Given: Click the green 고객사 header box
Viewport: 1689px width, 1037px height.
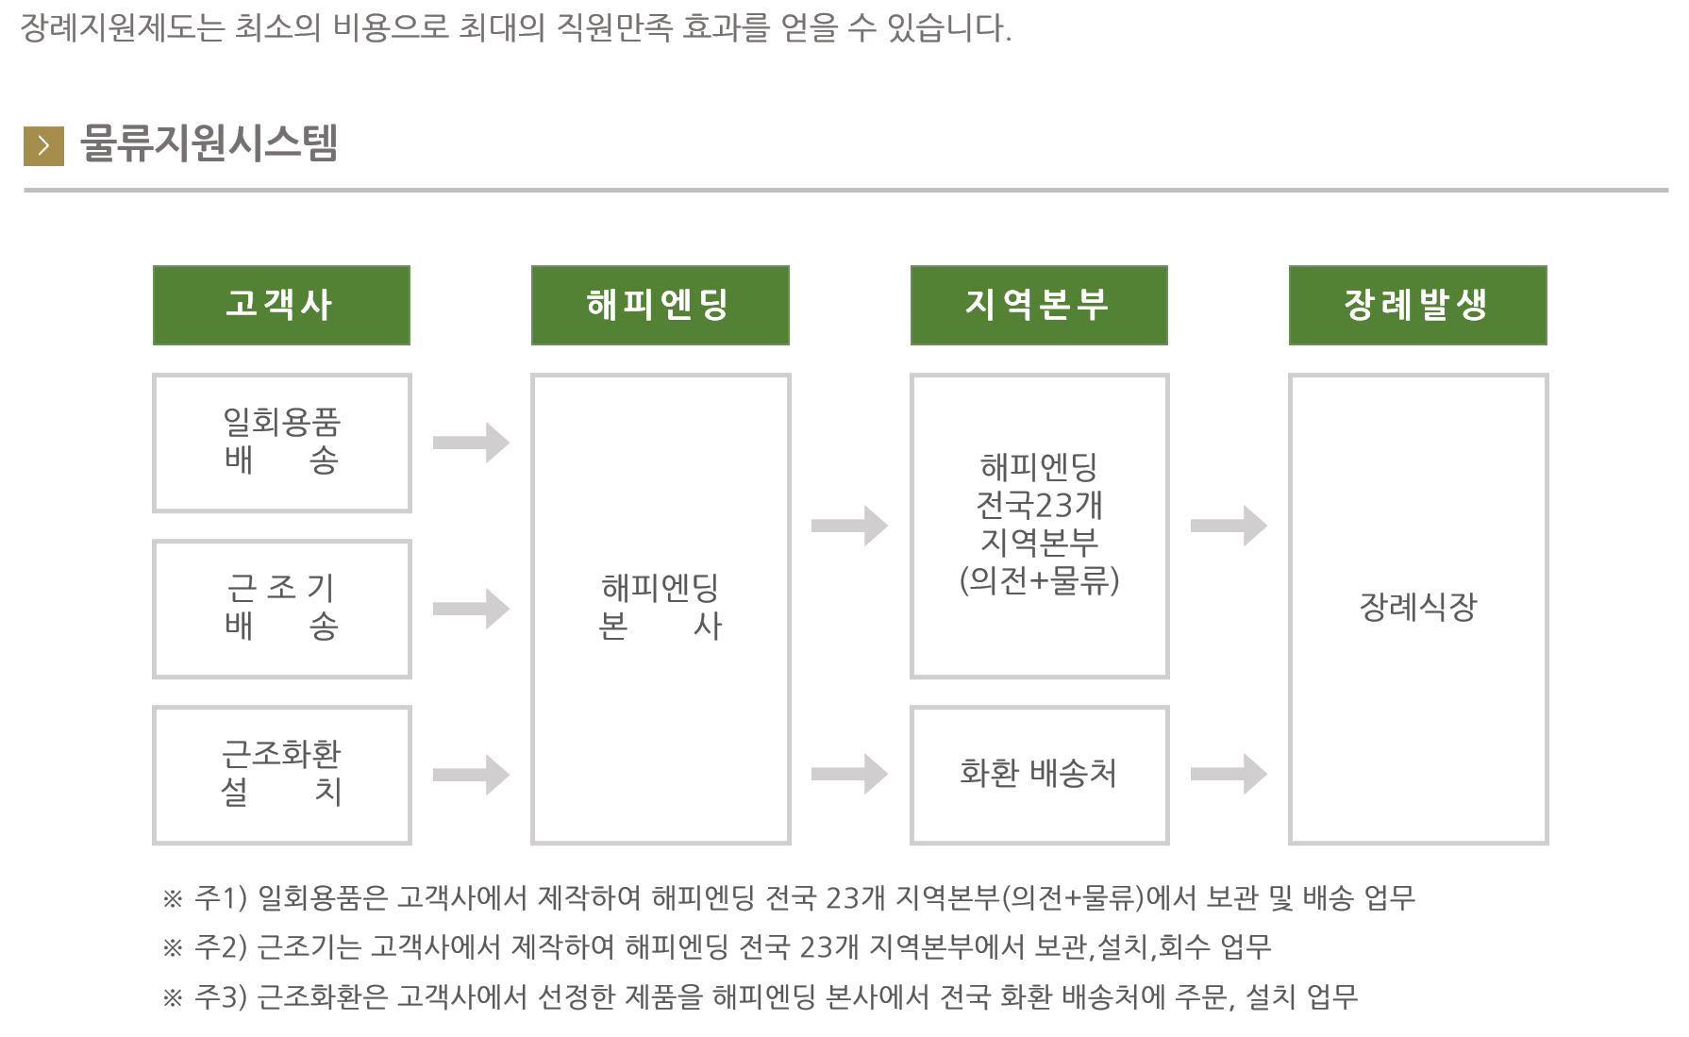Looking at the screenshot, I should [x=281, y=305].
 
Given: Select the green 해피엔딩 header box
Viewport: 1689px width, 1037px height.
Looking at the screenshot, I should [x=660, y=305].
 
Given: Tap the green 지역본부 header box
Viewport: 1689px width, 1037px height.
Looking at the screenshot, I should [x=1039, y=305].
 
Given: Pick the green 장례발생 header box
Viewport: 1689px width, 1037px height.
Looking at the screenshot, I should [x=1417, y=305].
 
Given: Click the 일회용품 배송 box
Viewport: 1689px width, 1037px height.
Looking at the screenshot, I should [x=281, y=443].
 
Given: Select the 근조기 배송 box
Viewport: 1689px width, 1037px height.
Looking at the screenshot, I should [x=281, y=609].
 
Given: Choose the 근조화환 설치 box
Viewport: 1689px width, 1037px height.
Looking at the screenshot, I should [x=281, y=775].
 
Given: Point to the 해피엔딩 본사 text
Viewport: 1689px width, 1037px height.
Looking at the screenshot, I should [x=660, y=607].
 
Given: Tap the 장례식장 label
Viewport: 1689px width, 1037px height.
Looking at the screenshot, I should [x=1417, y=607].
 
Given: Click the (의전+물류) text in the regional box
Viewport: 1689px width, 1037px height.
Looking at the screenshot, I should [x=1039, y=580].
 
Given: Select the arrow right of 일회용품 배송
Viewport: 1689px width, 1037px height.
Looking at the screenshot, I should [x=471, y=443].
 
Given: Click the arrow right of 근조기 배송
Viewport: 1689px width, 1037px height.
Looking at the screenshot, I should [x=471, y=609].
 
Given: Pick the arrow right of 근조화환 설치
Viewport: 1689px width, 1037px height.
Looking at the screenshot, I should [x=471, y=775].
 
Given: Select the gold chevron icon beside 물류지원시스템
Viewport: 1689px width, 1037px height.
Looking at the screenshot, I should [x=43, y=146].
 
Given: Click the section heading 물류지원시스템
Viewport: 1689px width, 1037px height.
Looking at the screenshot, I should [x=209, y=143].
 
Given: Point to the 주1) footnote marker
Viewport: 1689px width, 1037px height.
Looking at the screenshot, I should [x=221, y=897].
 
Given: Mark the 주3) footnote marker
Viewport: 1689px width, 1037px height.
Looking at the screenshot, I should [x=221, y=996].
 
